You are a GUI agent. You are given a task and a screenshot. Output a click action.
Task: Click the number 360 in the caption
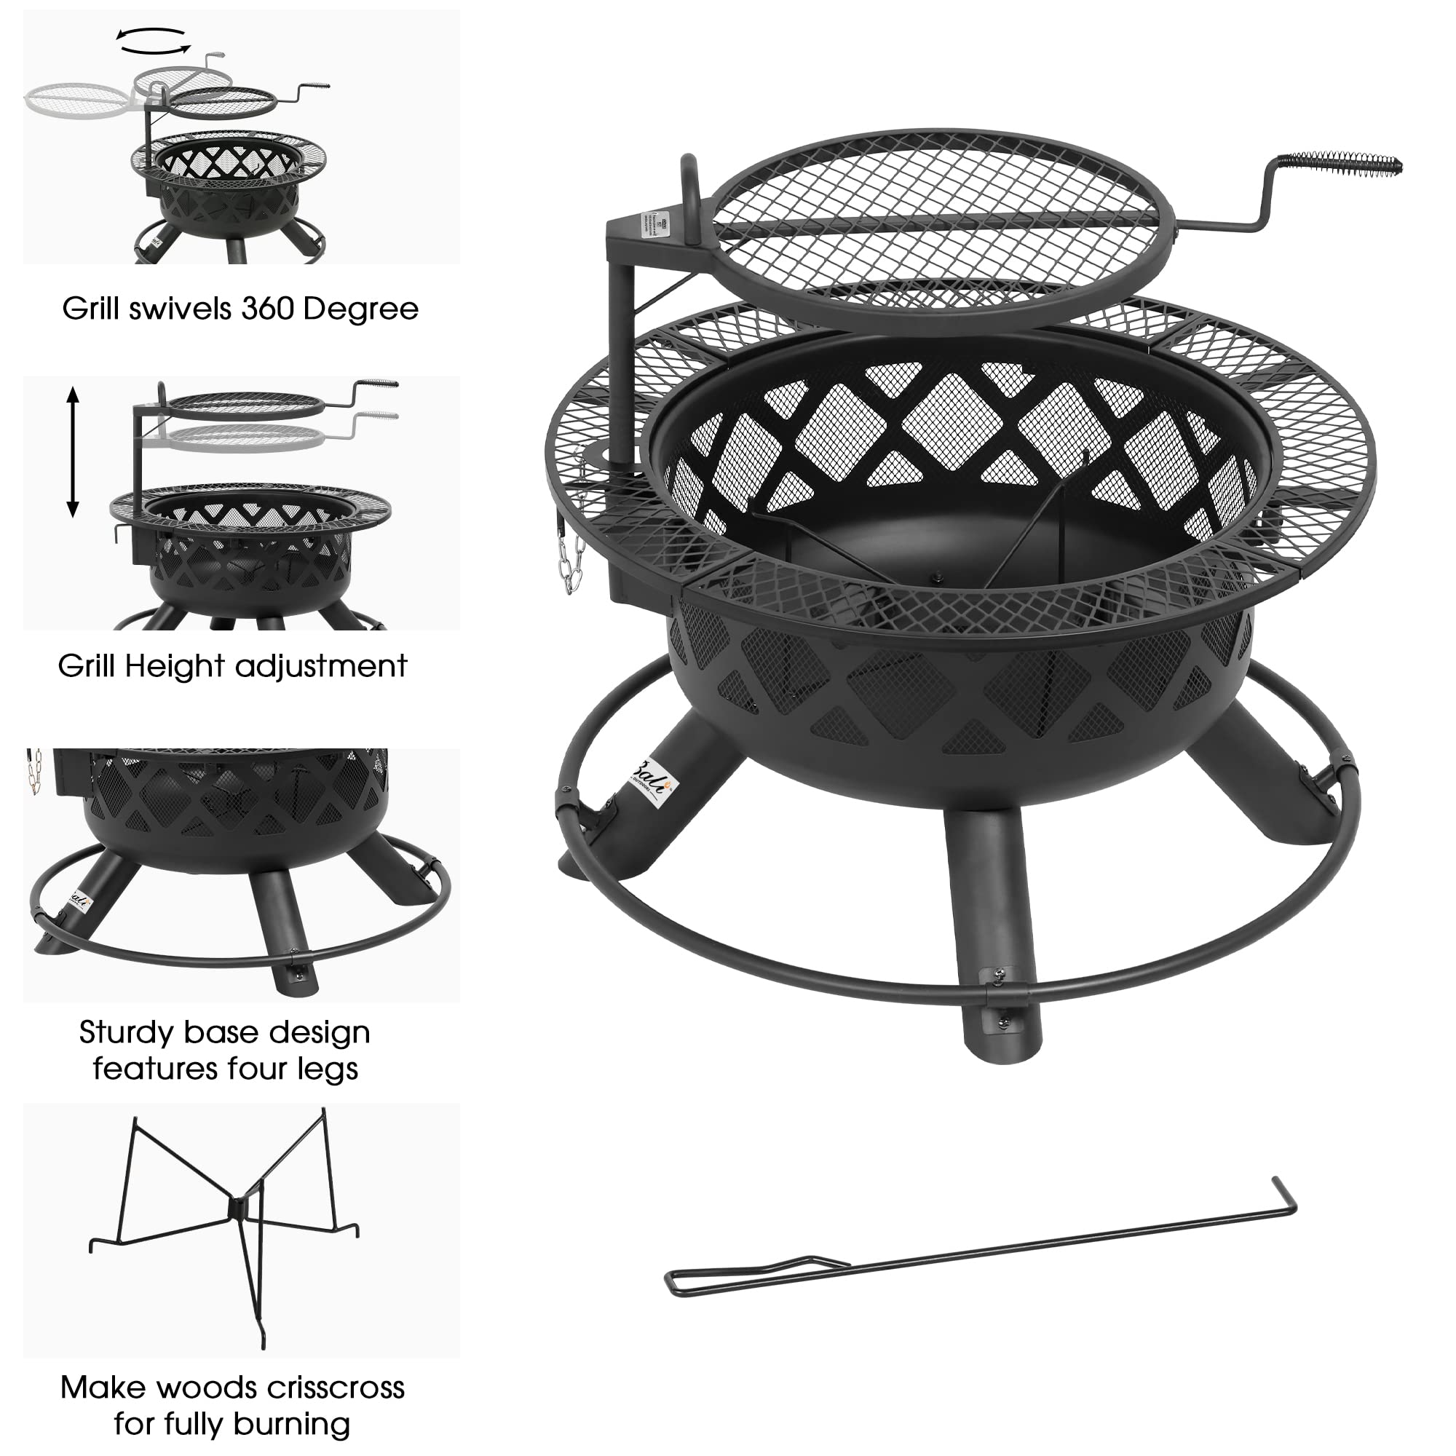click(265, 309)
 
